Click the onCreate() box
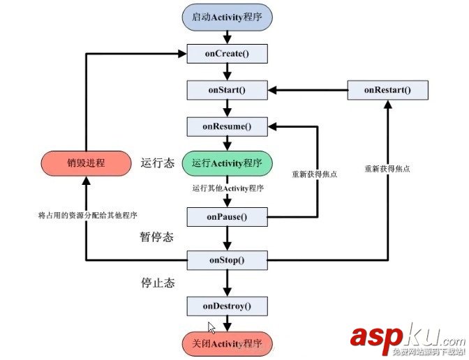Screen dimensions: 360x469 tap(227, 53)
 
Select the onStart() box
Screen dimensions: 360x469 tap(227, 90)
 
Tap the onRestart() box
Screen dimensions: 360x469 tap(387, 90)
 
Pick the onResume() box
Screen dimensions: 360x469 tap(227, 126)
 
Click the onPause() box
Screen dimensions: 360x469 tap(227, 217)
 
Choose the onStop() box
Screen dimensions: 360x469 tap(227, 260)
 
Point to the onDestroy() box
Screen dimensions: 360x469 tap(227, 306)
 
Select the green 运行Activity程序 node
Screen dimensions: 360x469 tap(227, 163)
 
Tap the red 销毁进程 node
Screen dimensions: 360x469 tap(85, 163)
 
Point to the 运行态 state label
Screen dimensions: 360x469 tap(157, 163)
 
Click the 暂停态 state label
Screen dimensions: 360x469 tap(156, 237)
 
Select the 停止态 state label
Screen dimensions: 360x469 tap(157, 283)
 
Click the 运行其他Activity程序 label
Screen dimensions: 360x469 tap(227, 188)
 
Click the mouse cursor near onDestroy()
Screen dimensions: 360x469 tap(211, 327)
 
